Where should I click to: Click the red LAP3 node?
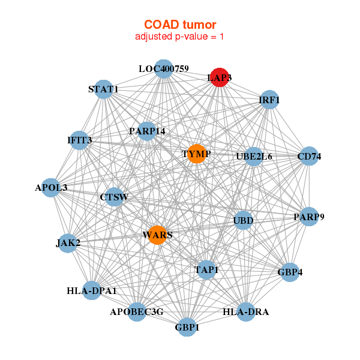tap(220, 77)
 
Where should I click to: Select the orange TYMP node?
tap(197, 154)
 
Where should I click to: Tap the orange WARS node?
tap(157, 235)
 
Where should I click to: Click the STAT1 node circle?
tap(104, 89)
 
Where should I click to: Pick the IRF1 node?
tap(269, 100)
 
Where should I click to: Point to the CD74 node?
tap(309, 157)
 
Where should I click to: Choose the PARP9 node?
tap(308, 217)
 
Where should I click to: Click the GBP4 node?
tap(290, 272)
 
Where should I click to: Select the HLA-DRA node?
tap(246, 312)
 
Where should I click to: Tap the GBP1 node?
tap(187, 328)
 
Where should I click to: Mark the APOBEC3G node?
tap(137, 312)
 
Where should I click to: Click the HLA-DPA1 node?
tap(92, 291)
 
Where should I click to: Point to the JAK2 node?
tap(68, 243)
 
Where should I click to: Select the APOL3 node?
tap(52, 188)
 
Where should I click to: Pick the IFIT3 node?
tap(80, 140)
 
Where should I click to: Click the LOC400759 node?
tap(163, 69)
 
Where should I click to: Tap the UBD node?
tap(243, 220)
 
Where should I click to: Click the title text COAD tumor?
tap(180, 25)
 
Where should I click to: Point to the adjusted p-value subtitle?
tap(180, 37)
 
